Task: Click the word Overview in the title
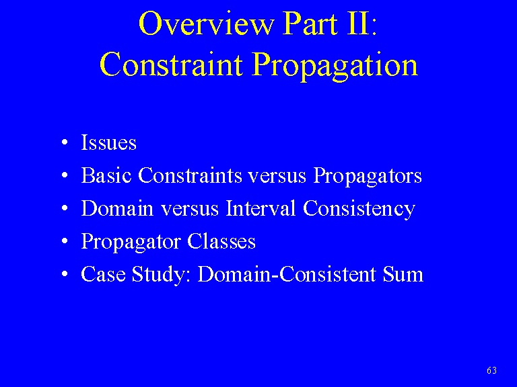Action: click(x=207, y=24)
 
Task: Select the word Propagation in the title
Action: click(x=335, y=66)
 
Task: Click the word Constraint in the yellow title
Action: click(x=171, y=64)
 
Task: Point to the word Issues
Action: click(x=108, y=142)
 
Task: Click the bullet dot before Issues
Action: click(x=65, y=142)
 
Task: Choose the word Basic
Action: click(x=106, y=175)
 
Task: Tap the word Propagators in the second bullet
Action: click(x=367, y=177)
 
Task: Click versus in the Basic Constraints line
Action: click(x=277, y=177)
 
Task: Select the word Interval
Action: click(x=260, y=208)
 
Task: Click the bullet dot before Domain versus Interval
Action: click(x=65, y=208)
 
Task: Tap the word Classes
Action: click(x=221, y=241)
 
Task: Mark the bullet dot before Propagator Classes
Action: click(x=65, y=241)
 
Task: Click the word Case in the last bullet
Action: click(x=103, y=274)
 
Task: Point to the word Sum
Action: click(x=403, y=274)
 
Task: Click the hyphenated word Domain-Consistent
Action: click(x=287, y=274)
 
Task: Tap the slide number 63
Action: click(x=491, y=370)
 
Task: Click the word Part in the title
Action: click(x=310, y=24)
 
